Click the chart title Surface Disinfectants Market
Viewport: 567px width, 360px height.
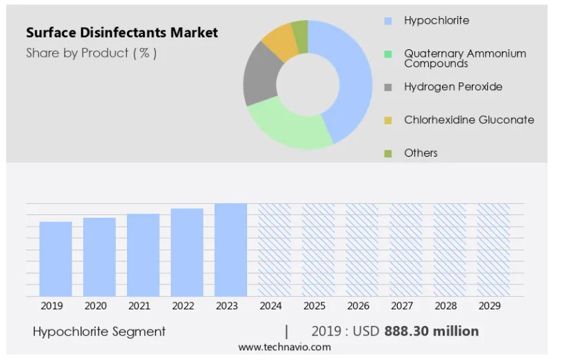[121, 33]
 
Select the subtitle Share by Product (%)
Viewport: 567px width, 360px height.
[91, 53]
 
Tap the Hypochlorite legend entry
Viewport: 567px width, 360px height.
[436, 21]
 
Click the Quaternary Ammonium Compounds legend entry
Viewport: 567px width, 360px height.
[464, 58]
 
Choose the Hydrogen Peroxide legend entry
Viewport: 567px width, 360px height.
[452, 87]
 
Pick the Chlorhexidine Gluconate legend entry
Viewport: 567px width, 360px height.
[468, 120]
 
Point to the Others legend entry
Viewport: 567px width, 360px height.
[421, 153]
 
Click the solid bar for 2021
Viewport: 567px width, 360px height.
[143, 255]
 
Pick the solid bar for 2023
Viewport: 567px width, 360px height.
[230, 250]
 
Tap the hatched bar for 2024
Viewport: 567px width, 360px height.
[274, 250]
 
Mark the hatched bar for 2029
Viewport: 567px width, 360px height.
[493, 250]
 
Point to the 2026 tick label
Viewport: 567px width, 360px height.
[358, 306]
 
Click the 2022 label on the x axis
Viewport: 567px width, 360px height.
[183, 306]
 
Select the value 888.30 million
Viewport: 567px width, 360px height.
[430, 332]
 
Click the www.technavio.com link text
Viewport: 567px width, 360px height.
[285, 348]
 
